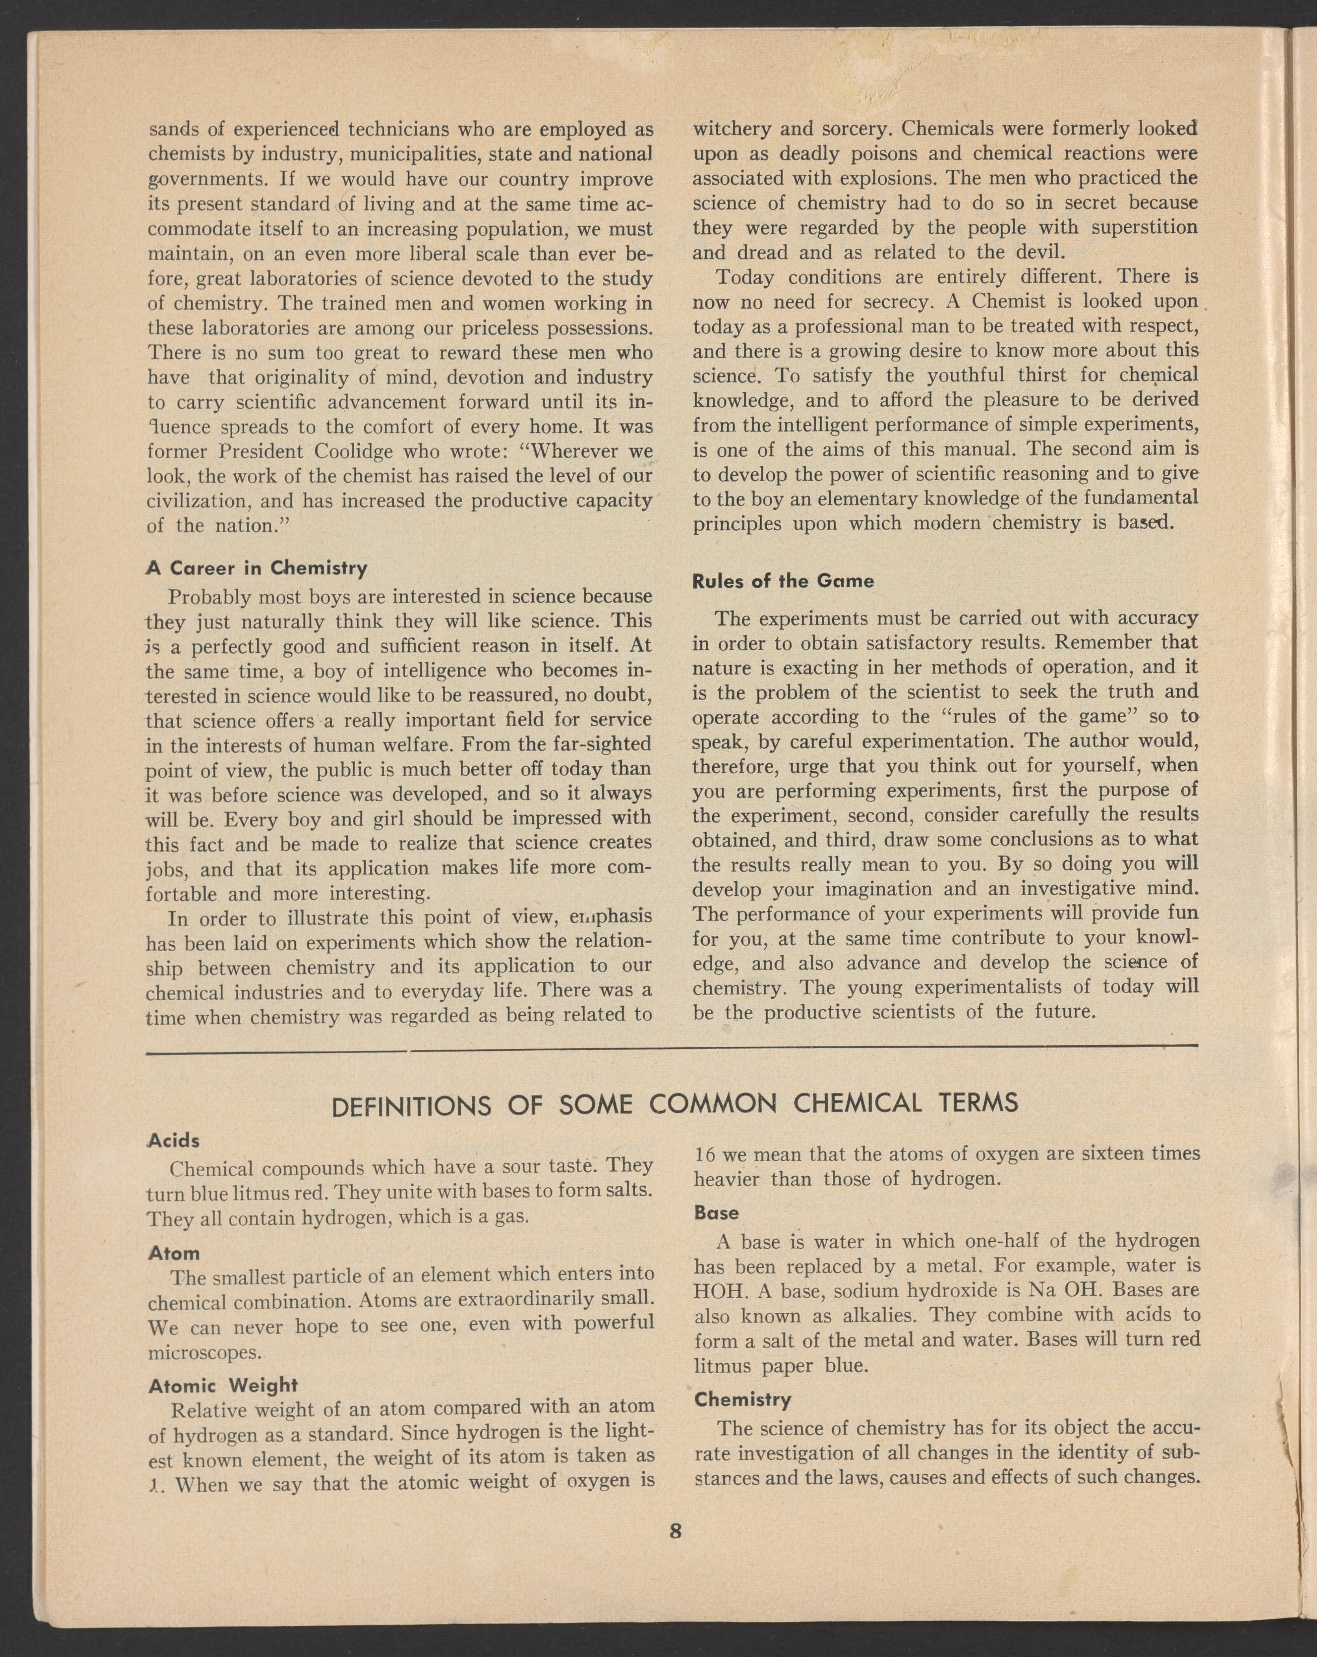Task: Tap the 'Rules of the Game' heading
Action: tap(783, 581)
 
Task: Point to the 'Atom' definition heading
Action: tap(174, 1253)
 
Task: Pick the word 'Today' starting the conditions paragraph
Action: tap(744, 277)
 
